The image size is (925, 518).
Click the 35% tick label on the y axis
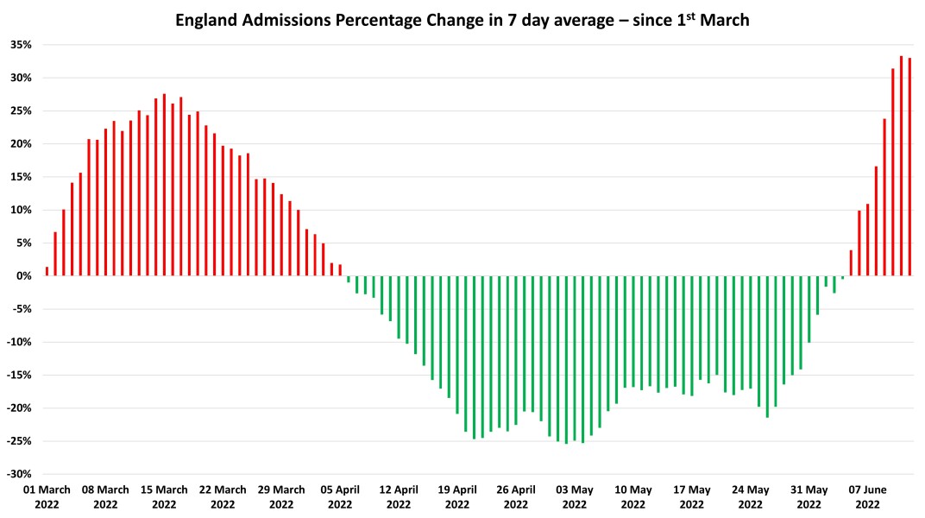point(20,45)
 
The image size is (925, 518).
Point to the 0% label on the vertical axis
point(22,276)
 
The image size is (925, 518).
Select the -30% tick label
point(18,474)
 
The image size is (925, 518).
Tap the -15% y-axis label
point(18,376)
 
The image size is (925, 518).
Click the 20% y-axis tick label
point(20,144)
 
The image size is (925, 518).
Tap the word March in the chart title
point(725,20)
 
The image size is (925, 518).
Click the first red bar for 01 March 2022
point(47,271)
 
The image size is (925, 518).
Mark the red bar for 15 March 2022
point(164,185)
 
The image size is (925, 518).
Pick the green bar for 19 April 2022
point(457,345)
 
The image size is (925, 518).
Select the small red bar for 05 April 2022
point(340,270)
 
